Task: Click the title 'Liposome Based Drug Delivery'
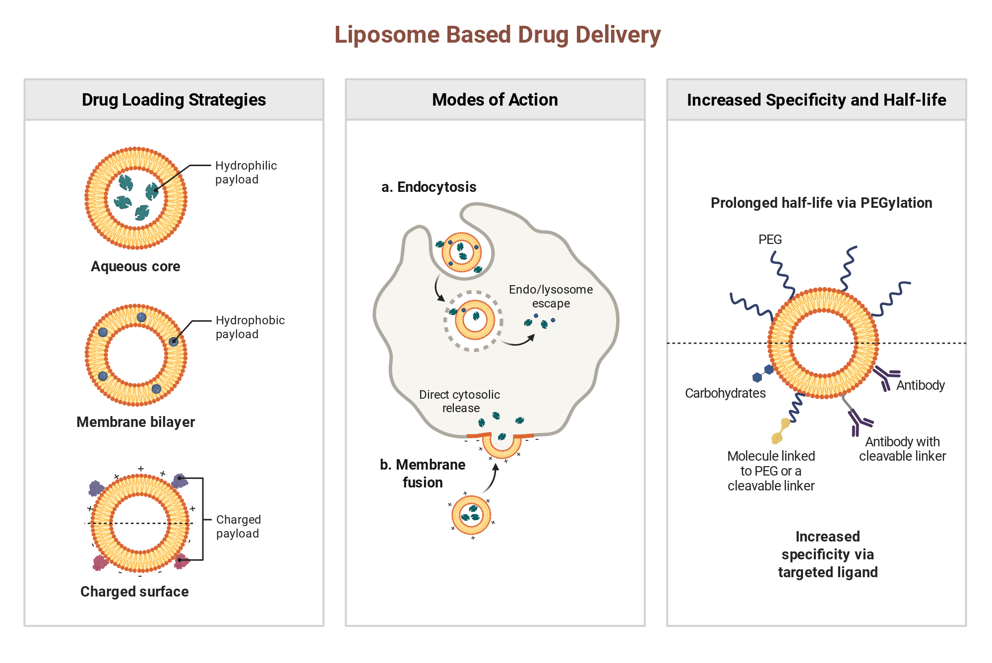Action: pos(497,35)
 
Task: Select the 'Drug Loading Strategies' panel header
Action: pos(174,100)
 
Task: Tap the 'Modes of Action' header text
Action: pos(495,100)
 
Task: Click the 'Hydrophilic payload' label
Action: pos(246,173)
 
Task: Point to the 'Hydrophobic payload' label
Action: pos(250,327)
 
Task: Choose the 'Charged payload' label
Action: pos(239,527)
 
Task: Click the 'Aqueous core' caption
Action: pos(135,267)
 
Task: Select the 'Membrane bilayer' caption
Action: pos(135,422)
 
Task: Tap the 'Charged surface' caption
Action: pos(134,592)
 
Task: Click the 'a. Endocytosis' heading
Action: pos(429,187)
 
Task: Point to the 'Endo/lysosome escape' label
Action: pos(551,297)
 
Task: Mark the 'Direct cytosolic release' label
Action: pos(460,401)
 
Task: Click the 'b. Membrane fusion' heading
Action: pos(423,474)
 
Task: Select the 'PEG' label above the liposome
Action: pos(770,240)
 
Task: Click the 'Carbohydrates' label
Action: pos(725,393)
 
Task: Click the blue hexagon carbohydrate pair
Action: pos(763,373)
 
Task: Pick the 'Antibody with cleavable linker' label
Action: pos(902,449)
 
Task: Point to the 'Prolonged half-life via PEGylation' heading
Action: pos(821,203)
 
